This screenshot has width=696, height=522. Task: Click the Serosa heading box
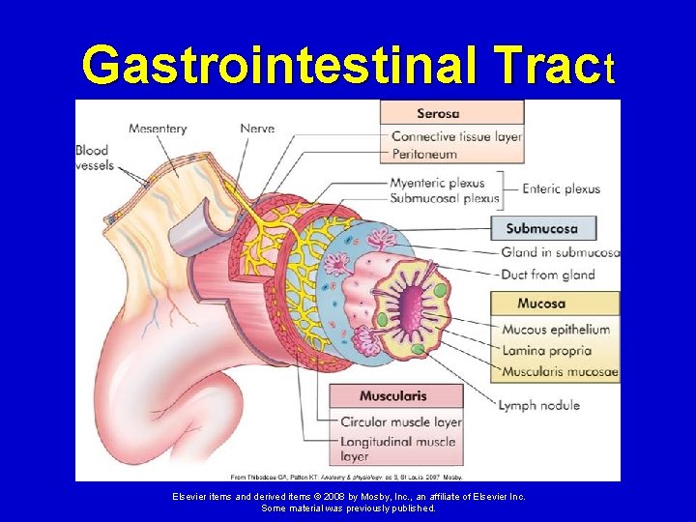[451, 112]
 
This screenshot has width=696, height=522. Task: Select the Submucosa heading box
[544, 229]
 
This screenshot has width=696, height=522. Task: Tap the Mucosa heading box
[554, 303]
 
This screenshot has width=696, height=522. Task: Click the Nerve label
[258, 127]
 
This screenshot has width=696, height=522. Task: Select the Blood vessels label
[94, 158]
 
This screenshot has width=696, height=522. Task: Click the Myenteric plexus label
[438, 184]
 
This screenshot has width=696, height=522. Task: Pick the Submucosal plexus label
[444, 198]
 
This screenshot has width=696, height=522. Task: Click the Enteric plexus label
[562, 189]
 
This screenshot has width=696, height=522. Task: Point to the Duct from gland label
[548, 275]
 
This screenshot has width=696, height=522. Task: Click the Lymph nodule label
[538, 404]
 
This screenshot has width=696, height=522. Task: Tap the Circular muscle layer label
[401, 422]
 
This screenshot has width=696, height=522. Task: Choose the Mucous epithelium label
[556, 329]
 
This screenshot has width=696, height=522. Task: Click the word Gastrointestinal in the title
[272, 66]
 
